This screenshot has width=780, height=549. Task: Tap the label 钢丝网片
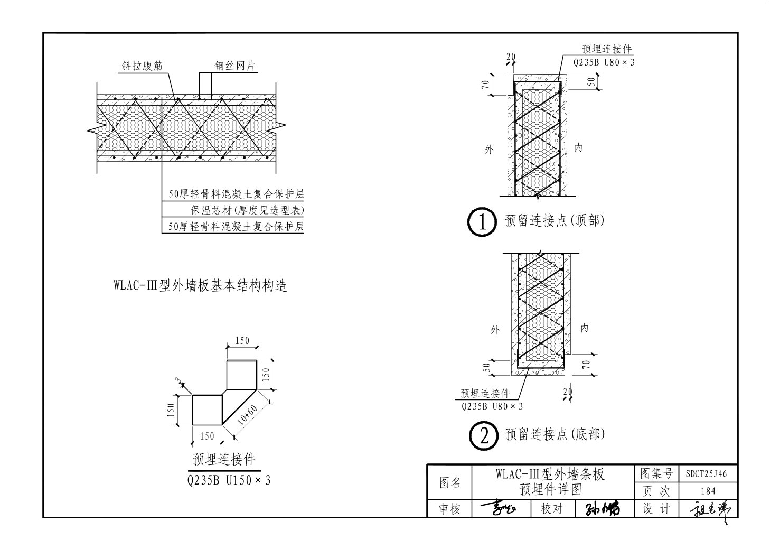[234, 66]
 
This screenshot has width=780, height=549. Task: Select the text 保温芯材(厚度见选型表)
[247, 211]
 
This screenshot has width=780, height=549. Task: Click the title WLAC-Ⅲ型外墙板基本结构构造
[200, 286]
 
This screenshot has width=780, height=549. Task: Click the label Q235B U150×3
[229, 480]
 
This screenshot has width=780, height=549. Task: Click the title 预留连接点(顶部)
[555, 221]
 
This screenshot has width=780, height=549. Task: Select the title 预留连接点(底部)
[555, 434]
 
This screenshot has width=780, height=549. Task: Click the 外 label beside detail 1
[489, 150]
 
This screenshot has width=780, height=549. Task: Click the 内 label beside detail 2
[584, 328]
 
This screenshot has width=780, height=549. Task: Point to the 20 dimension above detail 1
[511, 57]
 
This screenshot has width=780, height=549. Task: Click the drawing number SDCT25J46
[706, 473]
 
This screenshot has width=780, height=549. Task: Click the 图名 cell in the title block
[450, 482]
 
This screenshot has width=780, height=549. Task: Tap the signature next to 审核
[499, 509]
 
